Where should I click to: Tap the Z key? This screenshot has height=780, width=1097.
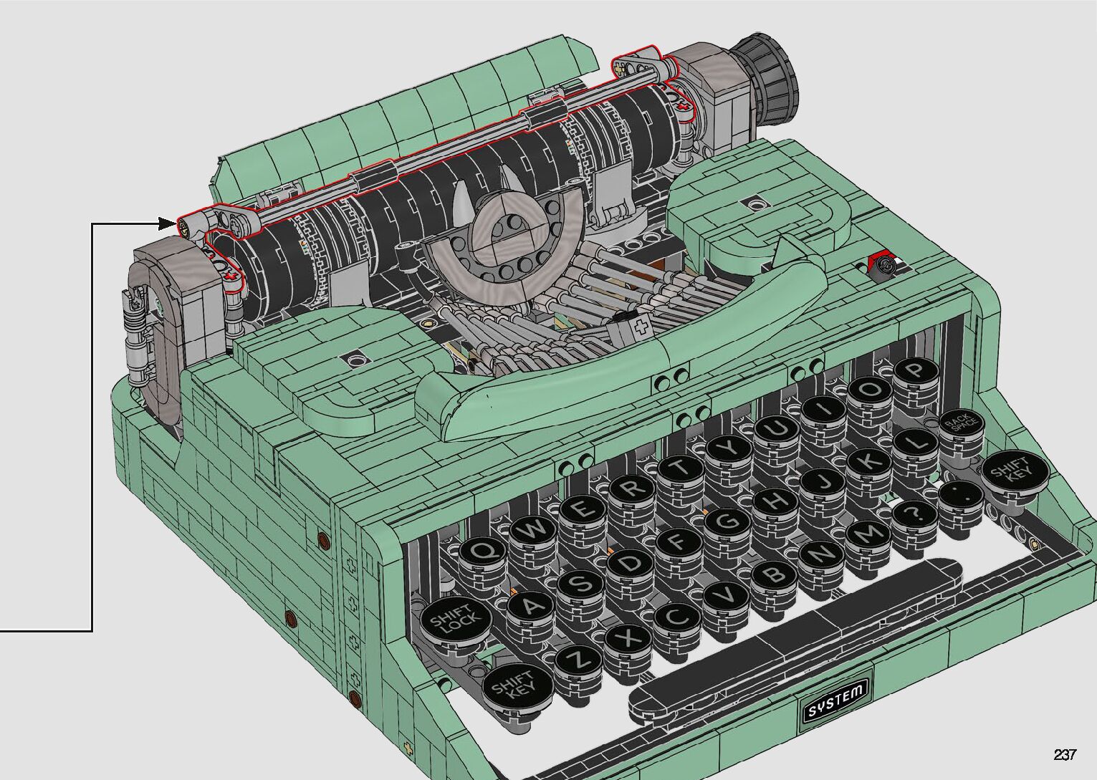tap(580, 661)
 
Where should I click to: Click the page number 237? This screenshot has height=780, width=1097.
tap(1065, 754)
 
